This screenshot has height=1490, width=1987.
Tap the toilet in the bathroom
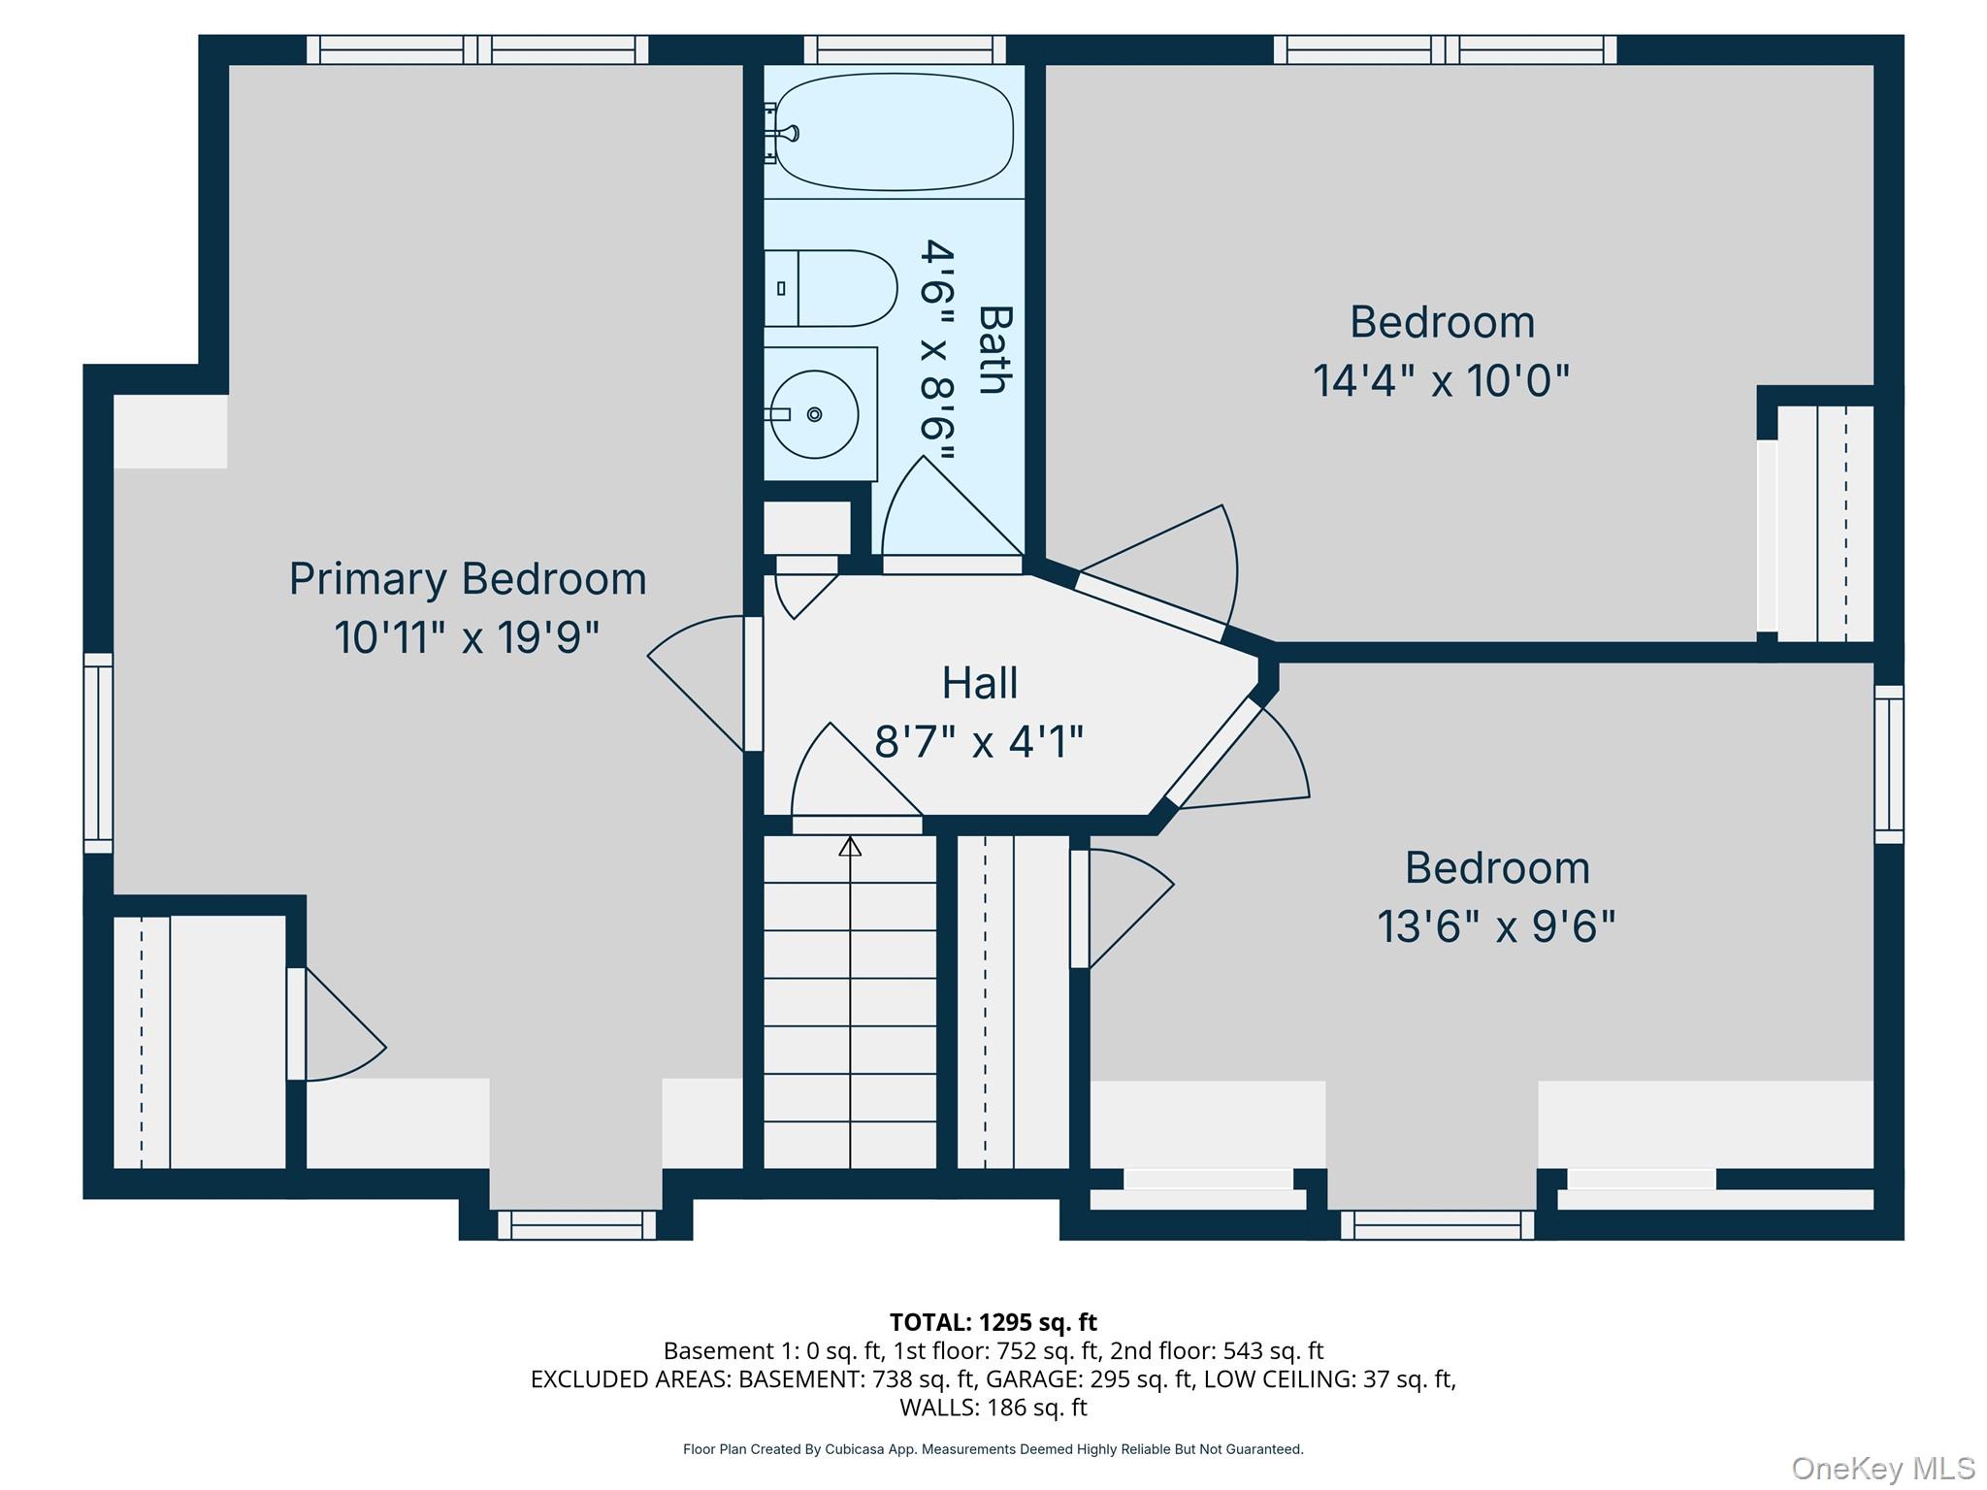click(831, 288)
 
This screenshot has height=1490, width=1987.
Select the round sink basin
click(813, 414)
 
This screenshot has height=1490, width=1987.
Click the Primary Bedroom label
click(468, 579)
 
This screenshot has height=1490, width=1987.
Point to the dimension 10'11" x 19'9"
click(467, 638)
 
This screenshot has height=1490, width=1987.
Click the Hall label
click(980, 683)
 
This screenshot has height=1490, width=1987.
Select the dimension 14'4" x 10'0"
click(1441, 381)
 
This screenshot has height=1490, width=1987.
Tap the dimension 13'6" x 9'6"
click(1497, 926)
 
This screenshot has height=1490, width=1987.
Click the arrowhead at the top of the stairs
click(850, 847)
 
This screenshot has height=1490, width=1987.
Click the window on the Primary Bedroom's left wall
click(98, 753)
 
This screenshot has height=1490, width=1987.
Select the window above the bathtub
click(904, 49)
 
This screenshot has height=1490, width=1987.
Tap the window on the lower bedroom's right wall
click(1888, 764)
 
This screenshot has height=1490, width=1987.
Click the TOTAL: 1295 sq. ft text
click(993, 1322)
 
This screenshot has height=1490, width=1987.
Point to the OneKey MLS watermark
click(1882, 1469)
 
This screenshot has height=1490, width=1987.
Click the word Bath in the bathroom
click(995, 350)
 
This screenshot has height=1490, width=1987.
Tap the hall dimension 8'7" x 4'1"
click(979, 743)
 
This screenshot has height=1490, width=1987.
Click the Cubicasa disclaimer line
click(993, 1449)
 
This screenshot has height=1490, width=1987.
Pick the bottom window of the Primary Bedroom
click(577, 1225)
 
